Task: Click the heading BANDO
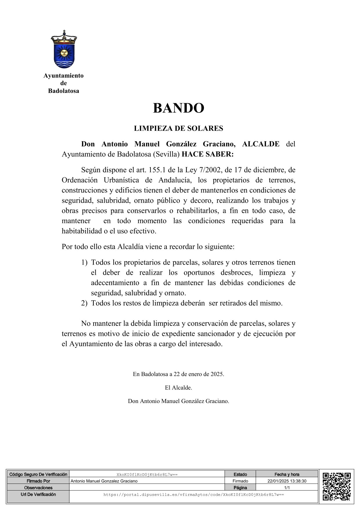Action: tap(178, 108)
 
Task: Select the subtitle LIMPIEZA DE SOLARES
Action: tap(178, 128)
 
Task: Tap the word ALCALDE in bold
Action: tap(261, 144)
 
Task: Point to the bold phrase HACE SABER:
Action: tap(207, 154)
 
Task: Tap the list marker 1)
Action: tap(84, 262)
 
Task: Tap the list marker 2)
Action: tap(84, 303)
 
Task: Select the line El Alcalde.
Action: tap(178, 388)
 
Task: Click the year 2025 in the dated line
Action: tap(217, 374)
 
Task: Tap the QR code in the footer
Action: tap(336, 486)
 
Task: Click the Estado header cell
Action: tap(240, 474)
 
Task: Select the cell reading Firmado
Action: tap(240, 481)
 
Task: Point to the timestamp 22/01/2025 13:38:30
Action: tap(287, 481)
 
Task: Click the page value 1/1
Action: tap(287, 488)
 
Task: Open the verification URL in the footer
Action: tap(194, 494)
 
